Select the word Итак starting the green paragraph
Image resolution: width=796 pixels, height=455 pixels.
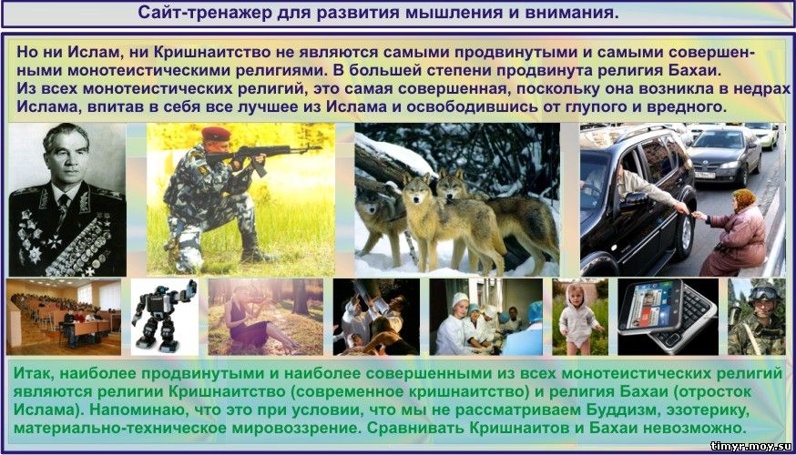35,374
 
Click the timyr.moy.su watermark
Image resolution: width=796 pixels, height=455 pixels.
751,447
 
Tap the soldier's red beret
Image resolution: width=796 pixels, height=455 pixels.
216,134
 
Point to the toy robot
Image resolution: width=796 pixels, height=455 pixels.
163,316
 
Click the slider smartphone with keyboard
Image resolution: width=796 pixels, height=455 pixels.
668,315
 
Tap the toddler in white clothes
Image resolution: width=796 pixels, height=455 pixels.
577,318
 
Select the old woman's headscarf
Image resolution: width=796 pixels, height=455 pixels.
745,200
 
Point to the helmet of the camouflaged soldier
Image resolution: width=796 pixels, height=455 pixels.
762,293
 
